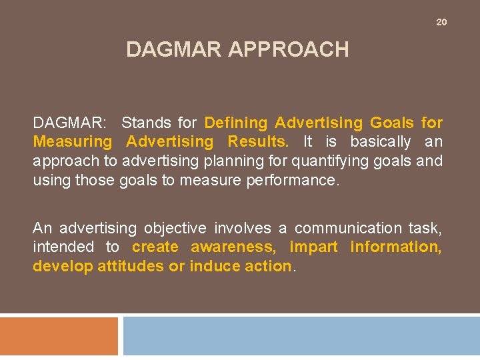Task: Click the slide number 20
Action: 441,23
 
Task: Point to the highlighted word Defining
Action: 236,123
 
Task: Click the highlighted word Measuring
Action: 73,142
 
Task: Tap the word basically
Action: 381,142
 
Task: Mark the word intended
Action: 63,247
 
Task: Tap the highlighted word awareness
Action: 233,247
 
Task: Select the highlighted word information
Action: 395,247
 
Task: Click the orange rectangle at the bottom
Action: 59,336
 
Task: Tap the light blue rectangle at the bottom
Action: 301,336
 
